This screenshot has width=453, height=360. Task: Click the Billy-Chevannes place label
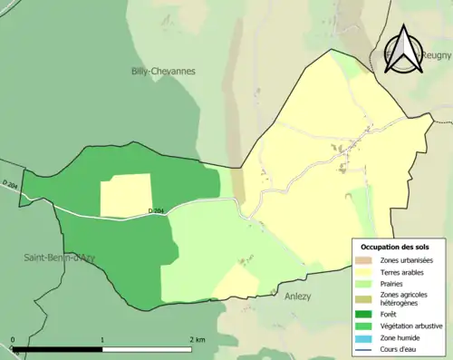(163, 71)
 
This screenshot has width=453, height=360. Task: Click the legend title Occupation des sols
(395, 247)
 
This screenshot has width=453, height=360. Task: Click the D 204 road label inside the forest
(156, 212)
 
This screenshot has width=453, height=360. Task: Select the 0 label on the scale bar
(13, 340)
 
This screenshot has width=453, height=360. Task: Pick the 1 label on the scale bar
(101, 340)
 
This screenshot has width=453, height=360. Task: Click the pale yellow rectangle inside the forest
(125, 195)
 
